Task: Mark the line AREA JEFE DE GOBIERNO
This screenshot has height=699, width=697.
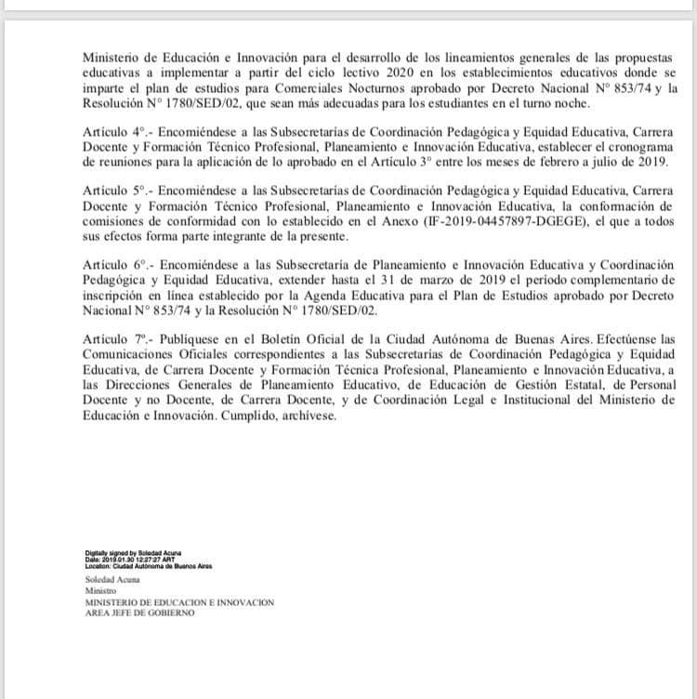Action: point(139,613)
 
